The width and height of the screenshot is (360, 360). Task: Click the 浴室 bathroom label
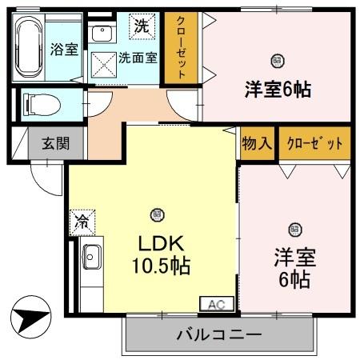click(x=65, y=48)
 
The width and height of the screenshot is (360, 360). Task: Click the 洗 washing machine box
click(x=141, y=25)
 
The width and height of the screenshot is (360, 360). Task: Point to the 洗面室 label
click(x=137, y=58)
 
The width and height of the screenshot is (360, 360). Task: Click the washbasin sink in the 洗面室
click(x=102, y=34)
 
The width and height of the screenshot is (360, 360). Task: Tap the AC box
click(x=214, y=304)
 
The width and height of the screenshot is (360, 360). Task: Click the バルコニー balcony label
click(x=218, y=334)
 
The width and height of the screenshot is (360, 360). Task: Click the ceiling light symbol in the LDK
click(x=156, y=214)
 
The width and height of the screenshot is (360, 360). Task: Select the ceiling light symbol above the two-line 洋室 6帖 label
click(x=295, y=230)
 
